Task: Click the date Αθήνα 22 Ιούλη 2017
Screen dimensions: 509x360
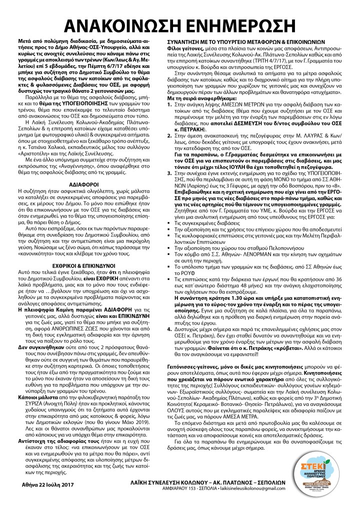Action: pos(45,483)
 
